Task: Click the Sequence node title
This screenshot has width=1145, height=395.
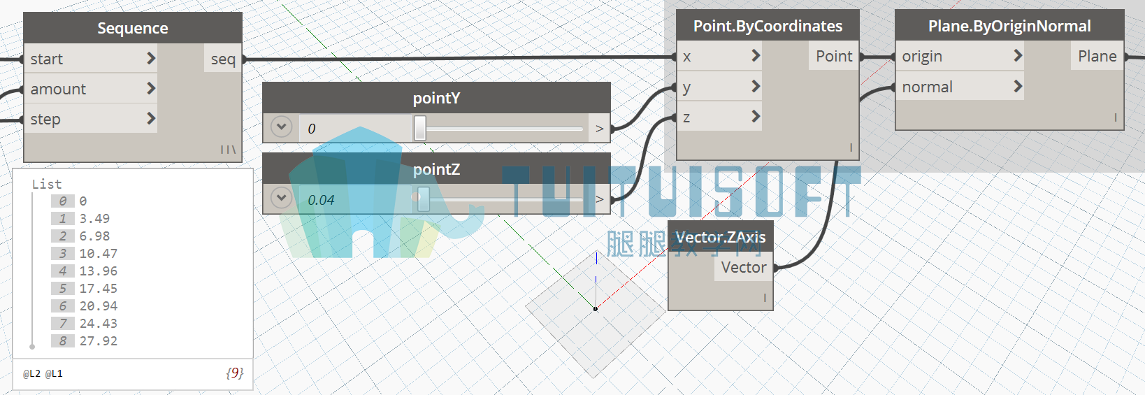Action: coord(132,27)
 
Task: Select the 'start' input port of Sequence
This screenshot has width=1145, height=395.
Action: coord(47,59)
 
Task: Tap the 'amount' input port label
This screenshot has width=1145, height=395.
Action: coord(58,89)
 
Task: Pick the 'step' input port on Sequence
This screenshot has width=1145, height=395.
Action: coord(45,119)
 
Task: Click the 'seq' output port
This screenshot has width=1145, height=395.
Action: coord(224,59)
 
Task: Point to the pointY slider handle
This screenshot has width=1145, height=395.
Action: coord(419,128)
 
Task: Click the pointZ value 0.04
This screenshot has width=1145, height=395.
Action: coord(321,200)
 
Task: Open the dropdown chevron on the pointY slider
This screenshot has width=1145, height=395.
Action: coord(281,127)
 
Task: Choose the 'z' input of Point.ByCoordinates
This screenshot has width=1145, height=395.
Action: coord(686,117)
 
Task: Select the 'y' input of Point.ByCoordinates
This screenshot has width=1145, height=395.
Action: coord(686,87)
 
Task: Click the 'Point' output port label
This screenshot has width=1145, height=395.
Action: coord(834,56)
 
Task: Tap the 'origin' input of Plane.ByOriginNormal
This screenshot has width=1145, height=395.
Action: coord(921,56)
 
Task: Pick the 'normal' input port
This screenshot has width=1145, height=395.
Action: coord(927,87)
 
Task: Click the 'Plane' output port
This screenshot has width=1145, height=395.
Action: coord(1097,56)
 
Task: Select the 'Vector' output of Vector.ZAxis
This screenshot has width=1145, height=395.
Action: coord(744,267)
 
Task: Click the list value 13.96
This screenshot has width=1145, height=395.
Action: coord(98,271)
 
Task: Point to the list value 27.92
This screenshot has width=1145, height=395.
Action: coord(98,341)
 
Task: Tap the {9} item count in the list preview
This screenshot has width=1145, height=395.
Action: coord(235,373)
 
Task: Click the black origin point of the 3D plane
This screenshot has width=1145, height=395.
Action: coord(595,308)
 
